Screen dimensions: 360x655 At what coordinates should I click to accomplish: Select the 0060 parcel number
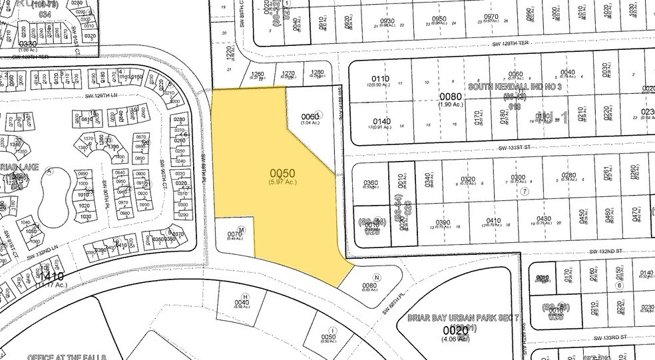[310, 116]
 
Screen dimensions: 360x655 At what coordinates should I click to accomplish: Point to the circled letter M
[242, 229]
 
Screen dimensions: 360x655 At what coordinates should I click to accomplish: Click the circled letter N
[377, 278]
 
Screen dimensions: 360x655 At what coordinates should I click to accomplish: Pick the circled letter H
[245, 296]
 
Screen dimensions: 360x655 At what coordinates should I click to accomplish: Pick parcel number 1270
[288, 74]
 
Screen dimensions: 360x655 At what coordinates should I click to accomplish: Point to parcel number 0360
[371, 183]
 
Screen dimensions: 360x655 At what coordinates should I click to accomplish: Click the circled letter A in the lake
[49, 169]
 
